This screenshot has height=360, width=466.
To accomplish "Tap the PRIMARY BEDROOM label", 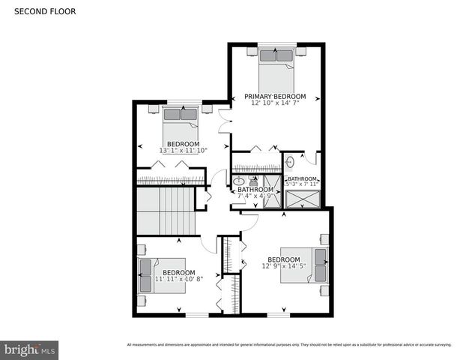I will [x=276, y=97].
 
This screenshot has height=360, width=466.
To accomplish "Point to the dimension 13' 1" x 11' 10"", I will [x=183, y=151].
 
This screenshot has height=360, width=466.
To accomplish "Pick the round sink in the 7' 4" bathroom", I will [x=239, y=181].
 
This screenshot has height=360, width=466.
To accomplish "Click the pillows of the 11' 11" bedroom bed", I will [x=145, y=275].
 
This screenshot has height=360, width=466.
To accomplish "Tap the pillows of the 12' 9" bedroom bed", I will [x=320, y=267].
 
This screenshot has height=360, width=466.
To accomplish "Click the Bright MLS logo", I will [x=30, y=349].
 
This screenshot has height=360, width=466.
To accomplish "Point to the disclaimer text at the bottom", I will [x=289, y=345].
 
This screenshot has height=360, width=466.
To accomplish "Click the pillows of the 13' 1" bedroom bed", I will [x=180, y=114].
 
